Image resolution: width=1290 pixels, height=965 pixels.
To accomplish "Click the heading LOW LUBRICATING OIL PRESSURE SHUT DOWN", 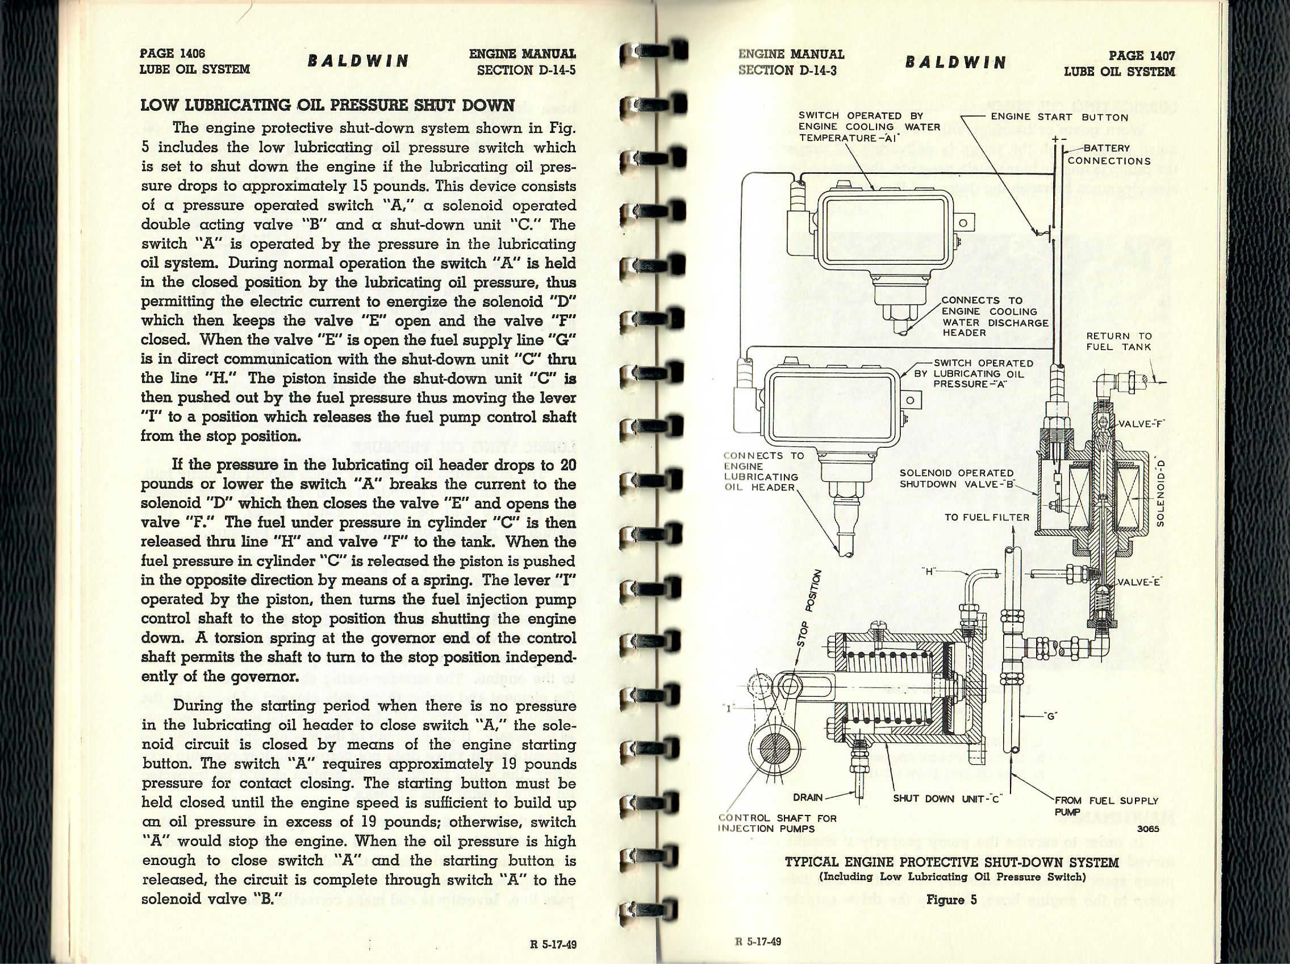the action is [x=328, y=106].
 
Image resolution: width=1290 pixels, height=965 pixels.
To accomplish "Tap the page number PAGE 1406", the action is [x=173, y=53].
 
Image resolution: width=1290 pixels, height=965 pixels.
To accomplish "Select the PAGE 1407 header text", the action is [x=1141, y=56].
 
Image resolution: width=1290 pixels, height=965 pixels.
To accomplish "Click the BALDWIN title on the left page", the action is [x=358, y=61].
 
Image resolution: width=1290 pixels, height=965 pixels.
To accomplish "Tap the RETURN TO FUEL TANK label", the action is [x=1118, y=342].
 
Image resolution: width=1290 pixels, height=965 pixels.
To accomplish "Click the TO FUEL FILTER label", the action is [x=987, y=517].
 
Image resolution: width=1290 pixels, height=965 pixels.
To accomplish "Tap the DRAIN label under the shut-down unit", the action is [x=808, y=797].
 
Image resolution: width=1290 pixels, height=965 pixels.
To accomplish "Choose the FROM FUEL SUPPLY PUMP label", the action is [x=1106, y=806].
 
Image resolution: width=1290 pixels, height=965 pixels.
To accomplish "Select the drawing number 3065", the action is [x=1147, y=829].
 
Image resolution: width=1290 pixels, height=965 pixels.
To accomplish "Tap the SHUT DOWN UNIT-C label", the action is [x=946, y=798].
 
